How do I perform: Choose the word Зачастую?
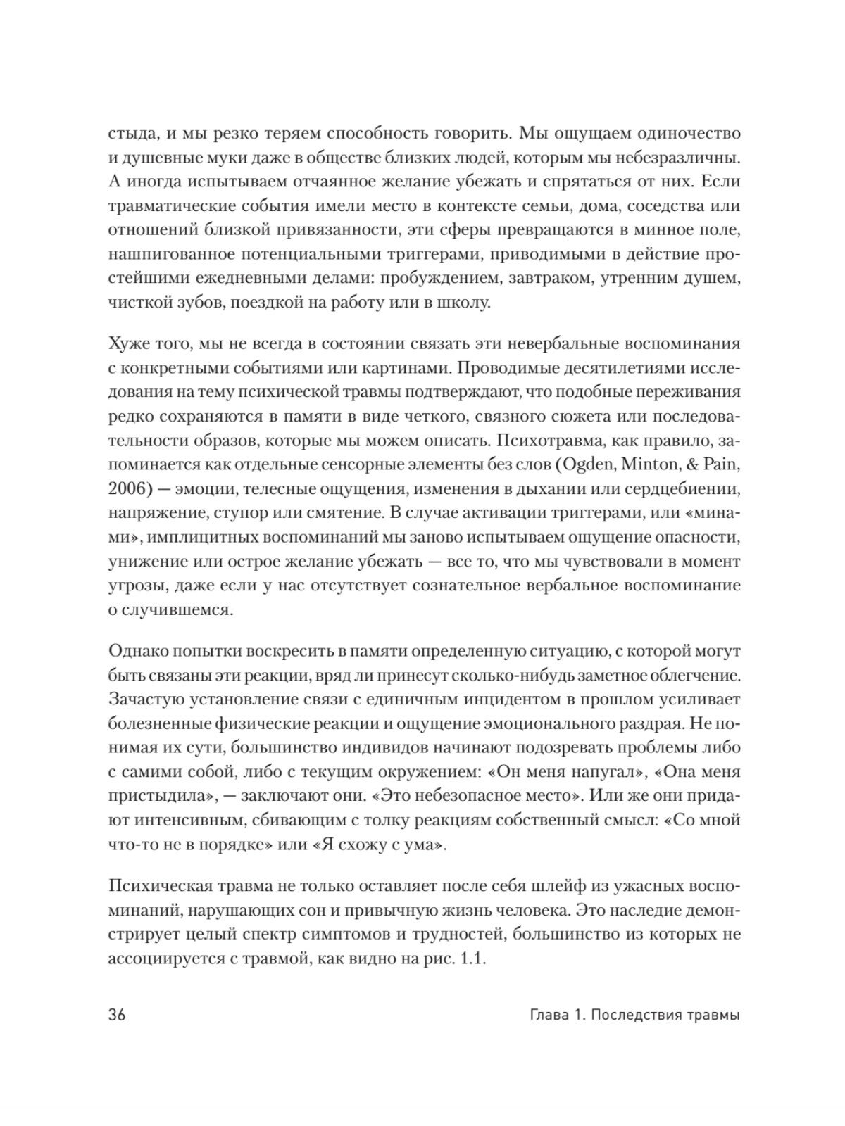tap(146, 699)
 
